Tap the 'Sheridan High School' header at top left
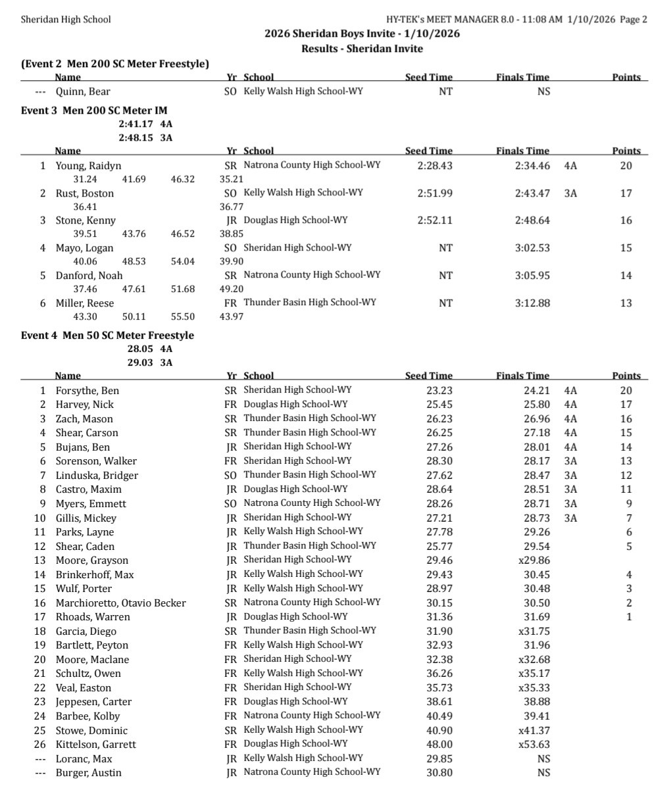[x=66, y=19]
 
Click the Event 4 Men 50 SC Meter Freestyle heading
[x=107, y=335]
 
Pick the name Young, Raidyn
[x=88, y=166]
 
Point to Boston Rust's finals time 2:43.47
[x=532, y=193]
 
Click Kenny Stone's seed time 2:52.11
[x=435, y=220]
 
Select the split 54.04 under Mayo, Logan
[x=182, y=261]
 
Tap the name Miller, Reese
[x=84, y=303]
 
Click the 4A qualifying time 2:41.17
[x=136, y=124]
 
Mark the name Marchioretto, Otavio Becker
[x=120, y=603]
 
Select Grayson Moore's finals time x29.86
[x=534, y=560]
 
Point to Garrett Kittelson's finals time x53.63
[x=534, y=745]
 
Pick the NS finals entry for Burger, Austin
[x=543, y=773]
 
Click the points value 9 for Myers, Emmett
[x=628, y=504]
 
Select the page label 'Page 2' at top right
[x=634, y=19]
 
